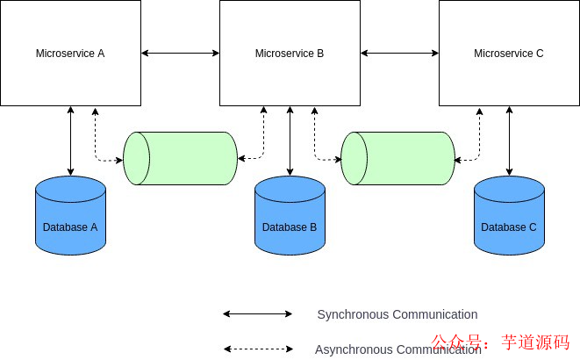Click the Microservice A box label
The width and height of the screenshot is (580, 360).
click(70, 54)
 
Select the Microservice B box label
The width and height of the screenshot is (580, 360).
click(290, 54)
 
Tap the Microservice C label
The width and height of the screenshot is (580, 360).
click(509, 54)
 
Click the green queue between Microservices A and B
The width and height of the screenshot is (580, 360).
click(181, 158)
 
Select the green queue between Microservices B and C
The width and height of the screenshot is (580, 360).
click(398, 158)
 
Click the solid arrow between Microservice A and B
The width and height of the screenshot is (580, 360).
click(180, 54)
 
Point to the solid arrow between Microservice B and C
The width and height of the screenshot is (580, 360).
click(399, 54)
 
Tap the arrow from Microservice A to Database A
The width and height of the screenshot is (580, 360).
click(70, 140)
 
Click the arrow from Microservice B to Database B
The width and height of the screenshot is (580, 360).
click(290, 140)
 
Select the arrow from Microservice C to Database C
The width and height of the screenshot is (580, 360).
click(509, 140)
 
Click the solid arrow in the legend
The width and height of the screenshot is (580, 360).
click(257, 313)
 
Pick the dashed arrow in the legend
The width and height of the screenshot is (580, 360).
click(257, 349)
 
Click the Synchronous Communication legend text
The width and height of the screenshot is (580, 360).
click(397, 314)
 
